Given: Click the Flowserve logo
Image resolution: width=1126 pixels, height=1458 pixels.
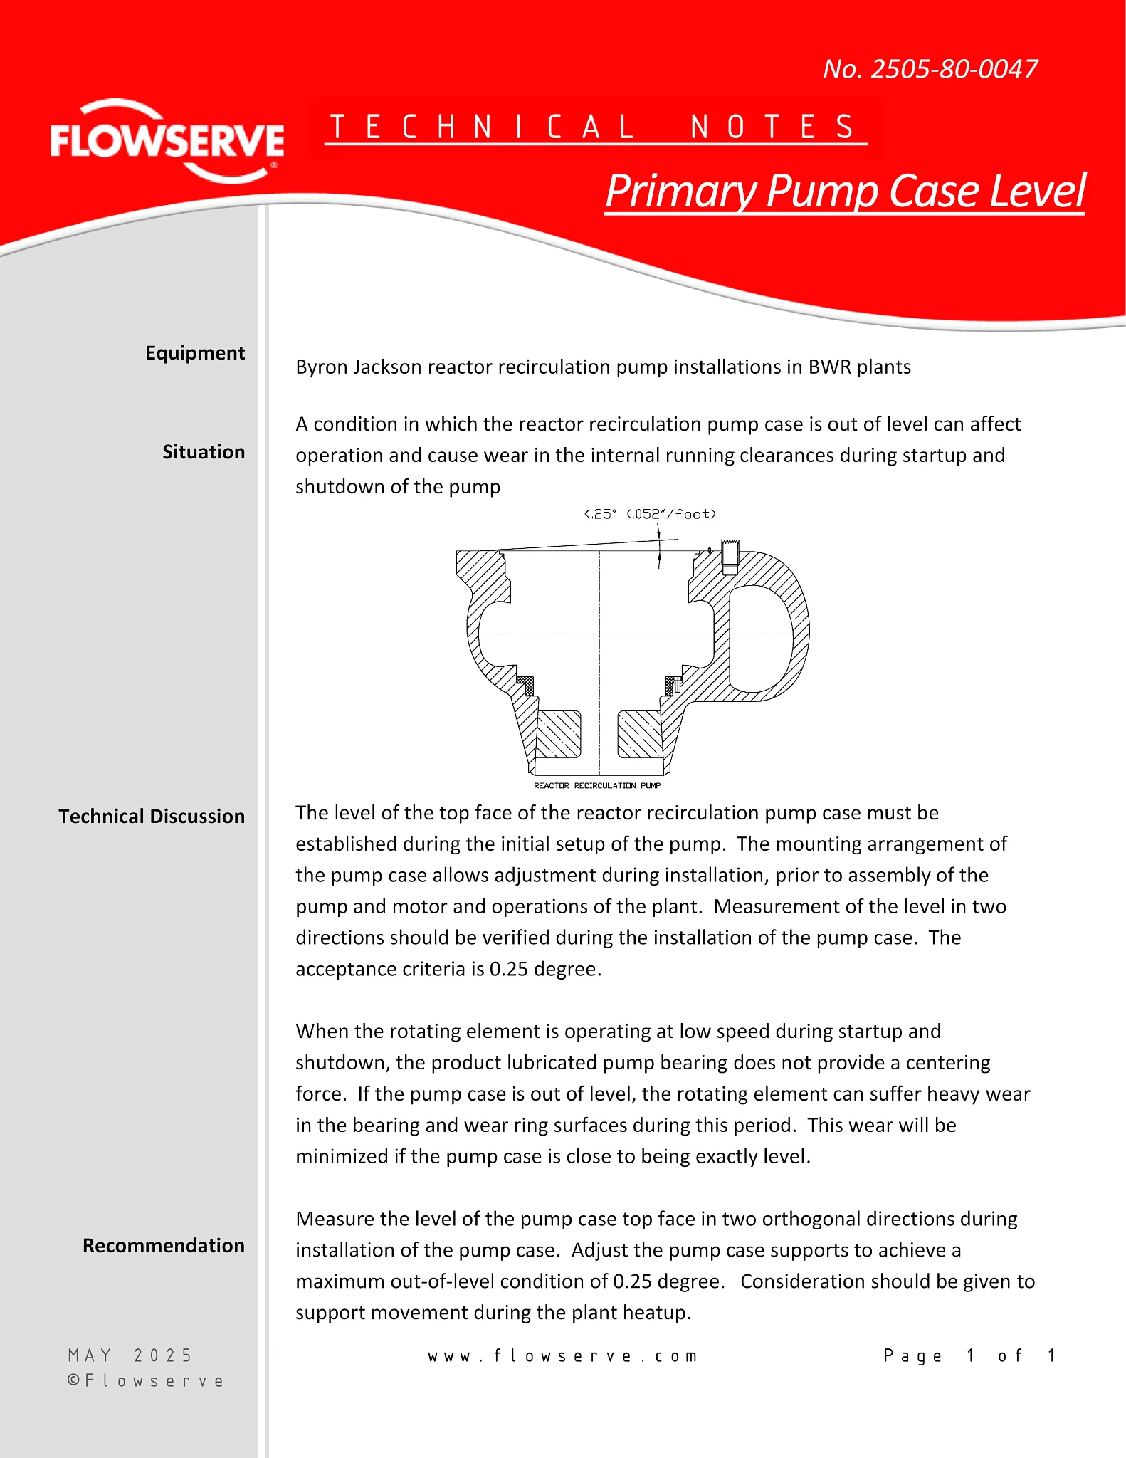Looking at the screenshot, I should tap(167, 141).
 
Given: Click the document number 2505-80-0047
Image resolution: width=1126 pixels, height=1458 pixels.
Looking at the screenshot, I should tap(930, 69).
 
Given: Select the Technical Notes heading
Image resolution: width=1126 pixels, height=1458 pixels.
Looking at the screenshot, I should tap(595, 127).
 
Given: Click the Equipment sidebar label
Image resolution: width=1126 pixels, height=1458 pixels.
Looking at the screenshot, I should tap(195, 353).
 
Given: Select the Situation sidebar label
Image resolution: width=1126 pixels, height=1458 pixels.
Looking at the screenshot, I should tap(204, 452).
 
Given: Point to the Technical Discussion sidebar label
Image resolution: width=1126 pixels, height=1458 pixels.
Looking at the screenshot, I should tap(152, 816).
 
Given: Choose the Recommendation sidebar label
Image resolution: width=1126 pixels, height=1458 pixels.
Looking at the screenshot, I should tap(164, 1245).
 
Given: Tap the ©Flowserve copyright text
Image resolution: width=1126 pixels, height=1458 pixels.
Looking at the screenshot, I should tap(146, 1381).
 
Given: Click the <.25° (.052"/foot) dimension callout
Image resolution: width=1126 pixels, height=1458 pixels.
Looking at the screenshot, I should tap(650, 514).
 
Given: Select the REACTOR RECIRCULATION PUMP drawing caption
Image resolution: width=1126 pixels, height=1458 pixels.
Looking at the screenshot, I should tap(597, 785).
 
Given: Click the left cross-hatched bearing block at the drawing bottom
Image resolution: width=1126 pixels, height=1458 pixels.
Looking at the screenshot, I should tap(558, 734).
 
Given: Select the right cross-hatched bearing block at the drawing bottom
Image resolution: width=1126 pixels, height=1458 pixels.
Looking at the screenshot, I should tap(640, 734).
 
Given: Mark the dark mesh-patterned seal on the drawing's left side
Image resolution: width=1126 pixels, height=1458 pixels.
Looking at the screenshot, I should tap(526, 685).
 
